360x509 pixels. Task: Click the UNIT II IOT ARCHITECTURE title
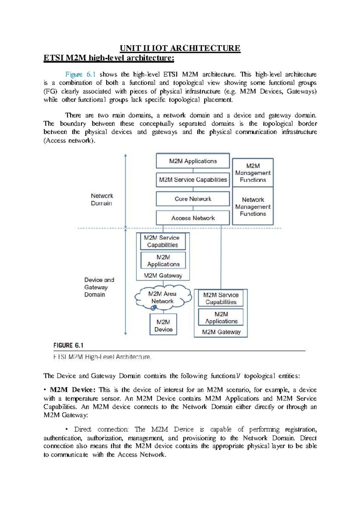pyautogui.click(x=180, y=48)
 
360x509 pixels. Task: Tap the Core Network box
pyautogui.click(x=193, y=199)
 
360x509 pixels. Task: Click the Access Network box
pyautogui.click(x=193, y=218)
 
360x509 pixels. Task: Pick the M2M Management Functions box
pyautogui.click(x=253, y=173)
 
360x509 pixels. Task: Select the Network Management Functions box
pyautogui.click(x=253, y=207)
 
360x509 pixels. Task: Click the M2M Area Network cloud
pyautogui.click(x=162, y=298)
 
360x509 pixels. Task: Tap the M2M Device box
pyautogui.click(x=163, y=326)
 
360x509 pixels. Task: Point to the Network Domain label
pyautogui.click(x=102, y=199)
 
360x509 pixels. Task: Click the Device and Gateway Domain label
pyautogui.click(x=99, y=287)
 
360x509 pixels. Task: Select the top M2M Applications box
pyautogui.click(x=193, y=161)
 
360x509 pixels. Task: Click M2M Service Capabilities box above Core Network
pyautogui.click(x=193, y=180)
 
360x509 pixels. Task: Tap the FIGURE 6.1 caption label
pyautogui.click(x=68, y=345)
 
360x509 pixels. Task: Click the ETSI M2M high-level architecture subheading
pyautogui.click(x=109, y=58)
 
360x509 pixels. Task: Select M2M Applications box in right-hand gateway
pyautogui.click(x=221, y=318)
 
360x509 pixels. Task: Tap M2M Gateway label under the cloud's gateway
pyautogui.click(x=163, y=275)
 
